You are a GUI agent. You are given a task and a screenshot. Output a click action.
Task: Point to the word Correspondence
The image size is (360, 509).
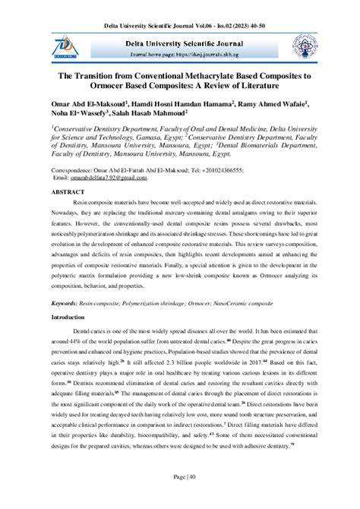[x=77, y=171]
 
